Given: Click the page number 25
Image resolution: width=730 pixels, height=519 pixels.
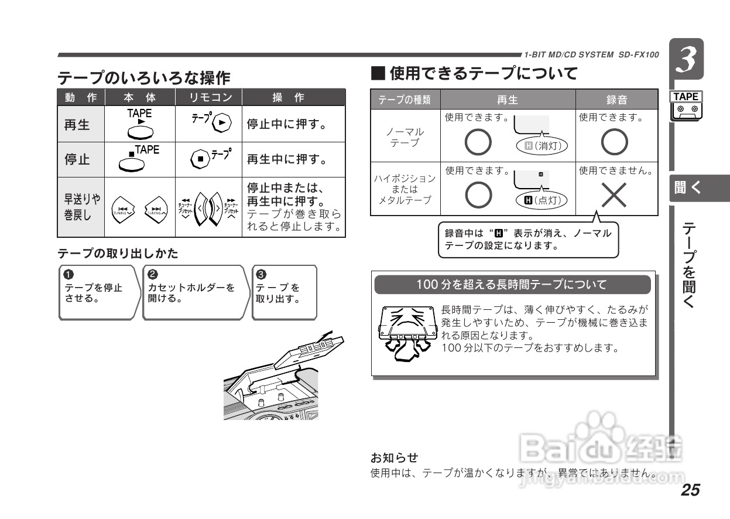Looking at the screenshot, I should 690,490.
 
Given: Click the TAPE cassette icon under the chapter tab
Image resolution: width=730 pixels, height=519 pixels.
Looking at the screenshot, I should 687,107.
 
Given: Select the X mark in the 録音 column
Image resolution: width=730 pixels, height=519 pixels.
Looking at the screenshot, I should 614,195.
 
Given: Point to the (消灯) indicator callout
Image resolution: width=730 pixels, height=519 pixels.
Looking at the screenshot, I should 542,145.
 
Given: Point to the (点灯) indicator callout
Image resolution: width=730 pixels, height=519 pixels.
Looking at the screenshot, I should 542,200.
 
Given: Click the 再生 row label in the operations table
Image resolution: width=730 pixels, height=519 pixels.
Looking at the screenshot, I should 77,125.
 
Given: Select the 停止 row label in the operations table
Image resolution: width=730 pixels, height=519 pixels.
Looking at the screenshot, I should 77,160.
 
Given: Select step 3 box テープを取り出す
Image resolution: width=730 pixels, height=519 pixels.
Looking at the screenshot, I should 284,292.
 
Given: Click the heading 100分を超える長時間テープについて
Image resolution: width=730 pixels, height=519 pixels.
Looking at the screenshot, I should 512,285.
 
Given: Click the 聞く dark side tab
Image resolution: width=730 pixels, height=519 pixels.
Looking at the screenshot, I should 698,189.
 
